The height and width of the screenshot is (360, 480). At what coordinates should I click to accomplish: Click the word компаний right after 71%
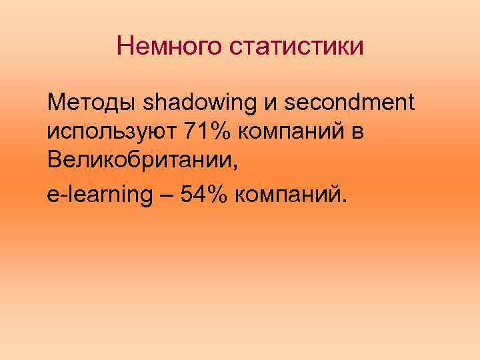298,133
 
